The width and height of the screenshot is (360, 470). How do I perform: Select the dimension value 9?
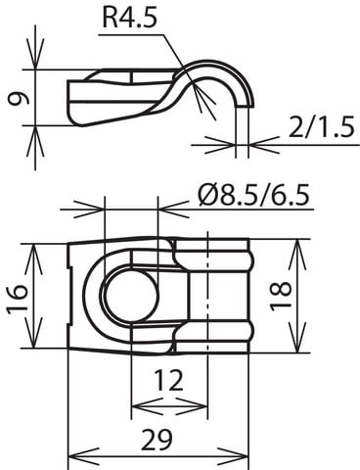[x=18, y=99]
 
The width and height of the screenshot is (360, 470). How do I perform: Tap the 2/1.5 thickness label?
[x=321, y=127]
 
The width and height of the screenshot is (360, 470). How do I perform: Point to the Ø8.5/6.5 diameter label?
[x=253, y=196]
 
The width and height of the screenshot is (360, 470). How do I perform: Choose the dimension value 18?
[x=281, y=296]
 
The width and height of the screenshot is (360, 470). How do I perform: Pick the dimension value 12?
[x=168, y=380]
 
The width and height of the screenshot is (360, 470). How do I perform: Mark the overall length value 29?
[x=157, y=440]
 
